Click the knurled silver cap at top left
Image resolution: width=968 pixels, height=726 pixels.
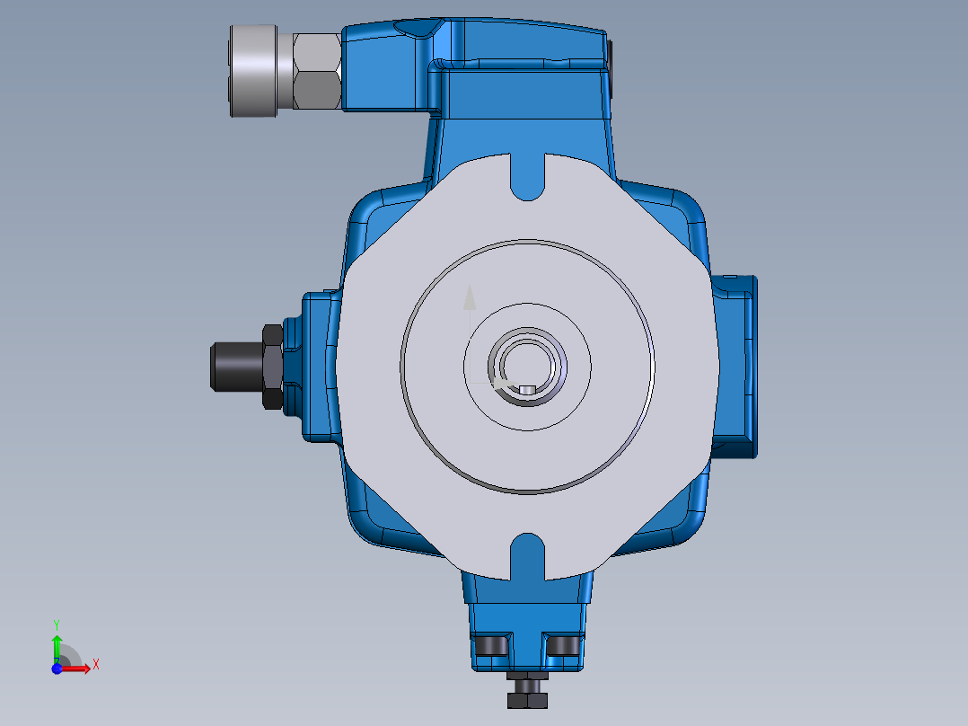pos(254,70)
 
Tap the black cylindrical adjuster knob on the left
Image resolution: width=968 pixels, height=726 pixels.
pos(234,366)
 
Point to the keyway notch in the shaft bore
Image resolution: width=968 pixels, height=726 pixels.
pos(527,389)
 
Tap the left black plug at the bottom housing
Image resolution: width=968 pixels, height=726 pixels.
pos(491,646)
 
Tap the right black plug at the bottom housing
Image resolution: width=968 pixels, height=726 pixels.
pos(563,646)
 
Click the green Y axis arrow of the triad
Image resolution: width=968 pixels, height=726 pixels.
pos(57,644)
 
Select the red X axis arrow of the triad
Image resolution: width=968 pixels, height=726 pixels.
pos(80,668)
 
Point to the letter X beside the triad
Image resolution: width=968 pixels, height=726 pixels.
pos(96,664)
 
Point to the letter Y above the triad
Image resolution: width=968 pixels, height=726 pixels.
pos(57,624)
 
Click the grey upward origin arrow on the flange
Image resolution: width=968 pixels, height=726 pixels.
pos(468,299)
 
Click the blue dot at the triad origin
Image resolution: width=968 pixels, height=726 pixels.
pos(57,668)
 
